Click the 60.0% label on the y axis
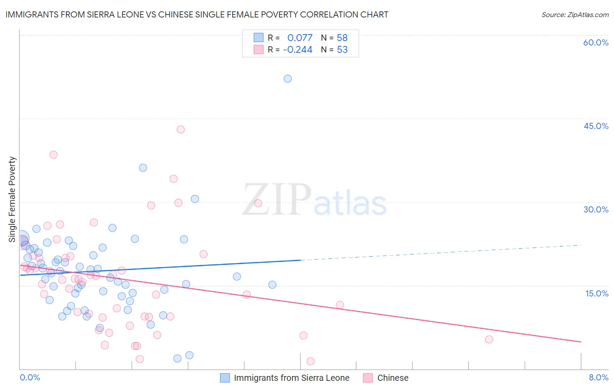pyautogui.click(x=596, y=42)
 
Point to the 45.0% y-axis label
pyautogui.click(x=596, y=126)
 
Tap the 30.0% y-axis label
pyautogui.click(x=596, y=209)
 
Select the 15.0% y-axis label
pyautogui.click(x=597, y=293)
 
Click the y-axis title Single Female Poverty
pyautogui.click(x=12, y=199)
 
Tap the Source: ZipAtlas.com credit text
pyautogui.click(x=575, y=15)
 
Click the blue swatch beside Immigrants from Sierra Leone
pyautogui.click(x=225, y=378)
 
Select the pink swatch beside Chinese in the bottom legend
pyautogui.click(x=368, y=378)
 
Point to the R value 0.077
pyautogui.click(x=300, y=38)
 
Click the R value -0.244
pyautogui.click(x=297, y=50)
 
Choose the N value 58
pyautogui.click(x=342, y=38)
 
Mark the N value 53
pyautogui.click(x=342, y=50)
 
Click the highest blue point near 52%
pyautogui.click(x=287, y=79)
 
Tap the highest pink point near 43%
pyautogui.click(x=180, y=129)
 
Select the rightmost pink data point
pyautogui.click(x=489, y=339)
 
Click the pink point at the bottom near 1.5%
pyautogui.click(x=310, y=361)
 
